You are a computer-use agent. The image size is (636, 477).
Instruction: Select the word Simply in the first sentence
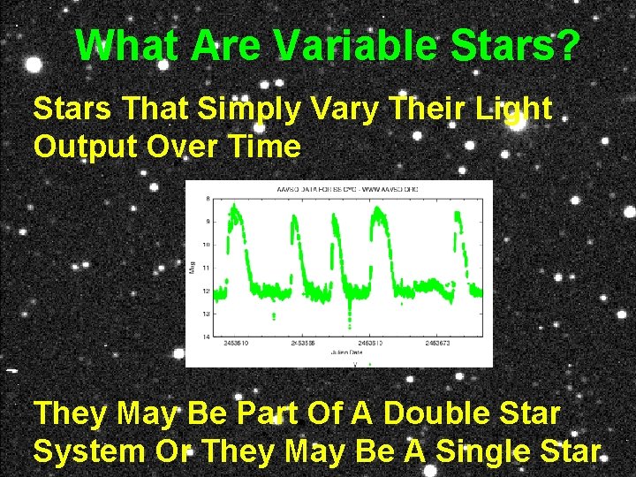click(232, 110)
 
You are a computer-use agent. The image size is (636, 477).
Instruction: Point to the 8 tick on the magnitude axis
click(207, 198)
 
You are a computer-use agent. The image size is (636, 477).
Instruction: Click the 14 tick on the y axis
click(205, 337)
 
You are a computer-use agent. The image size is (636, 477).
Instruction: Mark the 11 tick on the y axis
click(205, 267)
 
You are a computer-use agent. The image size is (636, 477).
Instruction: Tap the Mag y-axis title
click(193, 267)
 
